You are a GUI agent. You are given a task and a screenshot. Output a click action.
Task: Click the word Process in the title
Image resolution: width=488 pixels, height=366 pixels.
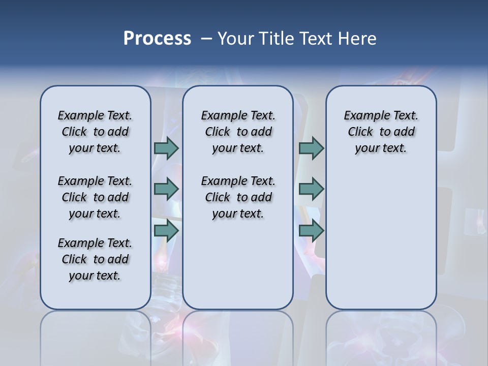point(157,38)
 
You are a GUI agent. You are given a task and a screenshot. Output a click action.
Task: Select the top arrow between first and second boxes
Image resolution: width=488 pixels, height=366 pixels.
point(166,148)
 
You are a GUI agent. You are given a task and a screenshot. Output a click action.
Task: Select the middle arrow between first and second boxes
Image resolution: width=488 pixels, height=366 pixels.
point(166,189)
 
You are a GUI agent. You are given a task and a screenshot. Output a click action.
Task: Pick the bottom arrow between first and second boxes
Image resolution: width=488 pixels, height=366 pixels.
point(166,231)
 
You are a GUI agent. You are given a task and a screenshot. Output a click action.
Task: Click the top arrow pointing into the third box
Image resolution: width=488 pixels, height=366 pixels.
point(311,148)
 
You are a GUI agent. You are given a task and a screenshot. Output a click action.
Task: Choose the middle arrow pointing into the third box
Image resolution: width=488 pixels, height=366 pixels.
point(311,189)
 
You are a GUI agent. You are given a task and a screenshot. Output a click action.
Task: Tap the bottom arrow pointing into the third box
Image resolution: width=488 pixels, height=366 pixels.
point(311,231)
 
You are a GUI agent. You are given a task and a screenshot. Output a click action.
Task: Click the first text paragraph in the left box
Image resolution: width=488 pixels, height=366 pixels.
point(95,132)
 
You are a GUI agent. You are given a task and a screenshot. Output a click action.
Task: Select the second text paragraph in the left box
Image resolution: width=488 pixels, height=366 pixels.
point(95,197)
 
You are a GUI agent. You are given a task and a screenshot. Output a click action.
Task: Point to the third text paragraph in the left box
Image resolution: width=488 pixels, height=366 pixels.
point(95,259)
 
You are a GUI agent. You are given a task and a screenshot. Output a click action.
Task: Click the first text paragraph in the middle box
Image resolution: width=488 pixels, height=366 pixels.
point(238,132)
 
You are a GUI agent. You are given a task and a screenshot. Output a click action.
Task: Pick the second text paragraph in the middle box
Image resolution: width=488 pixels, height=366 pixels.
point(238,197)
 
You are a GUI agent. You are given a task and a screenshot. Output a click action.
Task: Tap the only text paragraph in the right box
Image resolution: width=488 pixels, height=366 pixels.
point(381,132)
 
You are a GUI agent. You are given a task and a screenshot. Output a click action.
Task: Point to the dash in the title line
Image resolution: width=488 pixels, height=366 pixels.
point(206,39)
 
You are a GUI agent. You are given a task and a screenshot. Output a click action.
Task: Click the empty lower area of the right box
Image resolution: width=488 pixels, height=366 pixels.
point(381,244)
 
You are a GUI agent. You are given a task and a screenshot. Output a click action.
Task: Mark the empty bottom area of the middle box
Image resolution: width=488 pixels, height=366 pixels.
point(238,269)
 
